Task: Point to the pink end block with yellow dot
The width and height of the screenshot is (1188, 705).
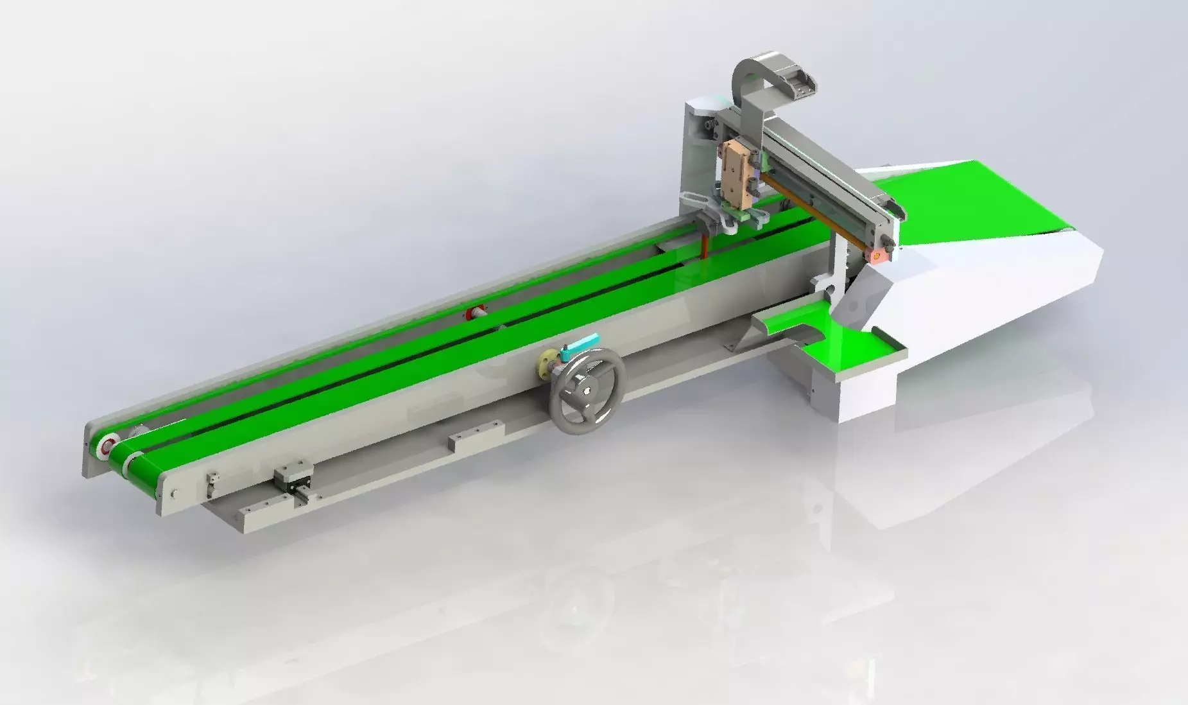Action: coord(875,255)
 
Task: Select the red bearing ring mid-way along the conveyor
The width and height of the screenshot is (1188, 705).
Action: coord(476,313)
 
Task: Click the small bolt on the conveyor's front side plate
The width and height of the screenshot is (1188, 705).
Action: coord(175,493)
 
